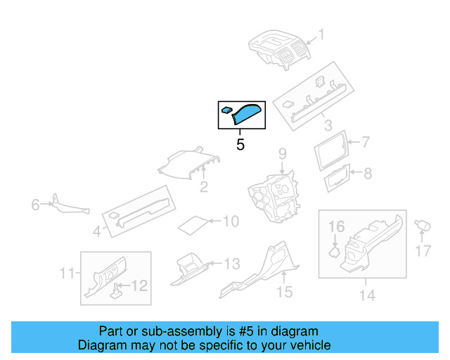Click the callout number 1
click(322, 34)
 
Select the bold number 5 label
click(240, 146)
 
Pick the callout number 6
click(35, 205)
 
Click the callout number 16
click(337, 226)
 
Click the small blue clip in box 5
click(227, 110)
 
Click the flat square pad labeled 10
click(193, 225)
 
